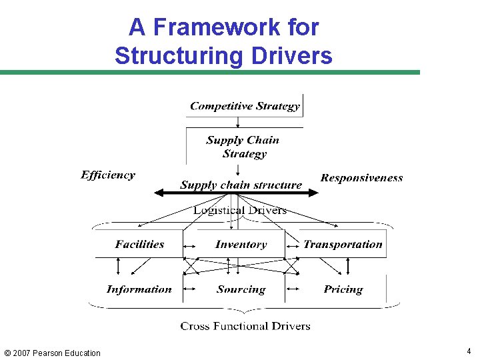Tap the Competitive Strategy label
(x=245, y=106)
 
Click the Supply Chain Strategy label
(x=243, y=147)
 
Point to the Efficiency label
(x=108, y=175)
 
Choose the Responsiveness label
(x=361, y=178)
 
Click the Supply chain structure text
(x=241, y=185)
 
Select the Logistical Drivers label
(x=240, y=211)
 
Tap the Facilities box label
(x=139, y=245)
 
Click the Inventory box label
(x=241, y=245)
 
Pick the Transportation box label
(x=343, y=245)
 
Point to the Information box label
(x=139, y=289)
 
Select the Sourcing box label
(x=241, y=289)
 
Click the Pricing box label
(x=343, y=289)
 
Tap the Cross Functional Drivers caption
(x=245, y=326)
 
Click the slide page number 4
(x=468, y=351)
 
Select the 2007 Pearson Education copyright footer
(x=52, y=353)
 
